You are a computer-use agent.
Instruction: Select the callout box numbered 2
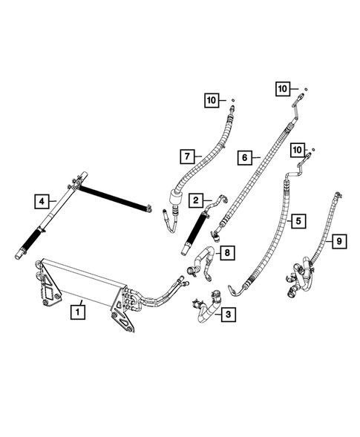click(x=196, y=200)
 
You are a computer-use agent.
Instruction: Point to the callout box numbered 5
click(x=298, y=220)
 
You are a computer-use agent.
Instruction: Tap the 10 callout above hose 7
click(x=212, y=99)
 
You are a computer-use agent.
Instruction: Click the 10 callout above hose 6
click(x=282, y=88)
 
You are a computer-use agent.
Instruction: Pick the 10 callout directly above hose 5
click(x=298, y=150)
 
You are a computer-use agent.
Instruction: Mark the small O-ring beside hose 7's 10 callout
click(x=232, y=99)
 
